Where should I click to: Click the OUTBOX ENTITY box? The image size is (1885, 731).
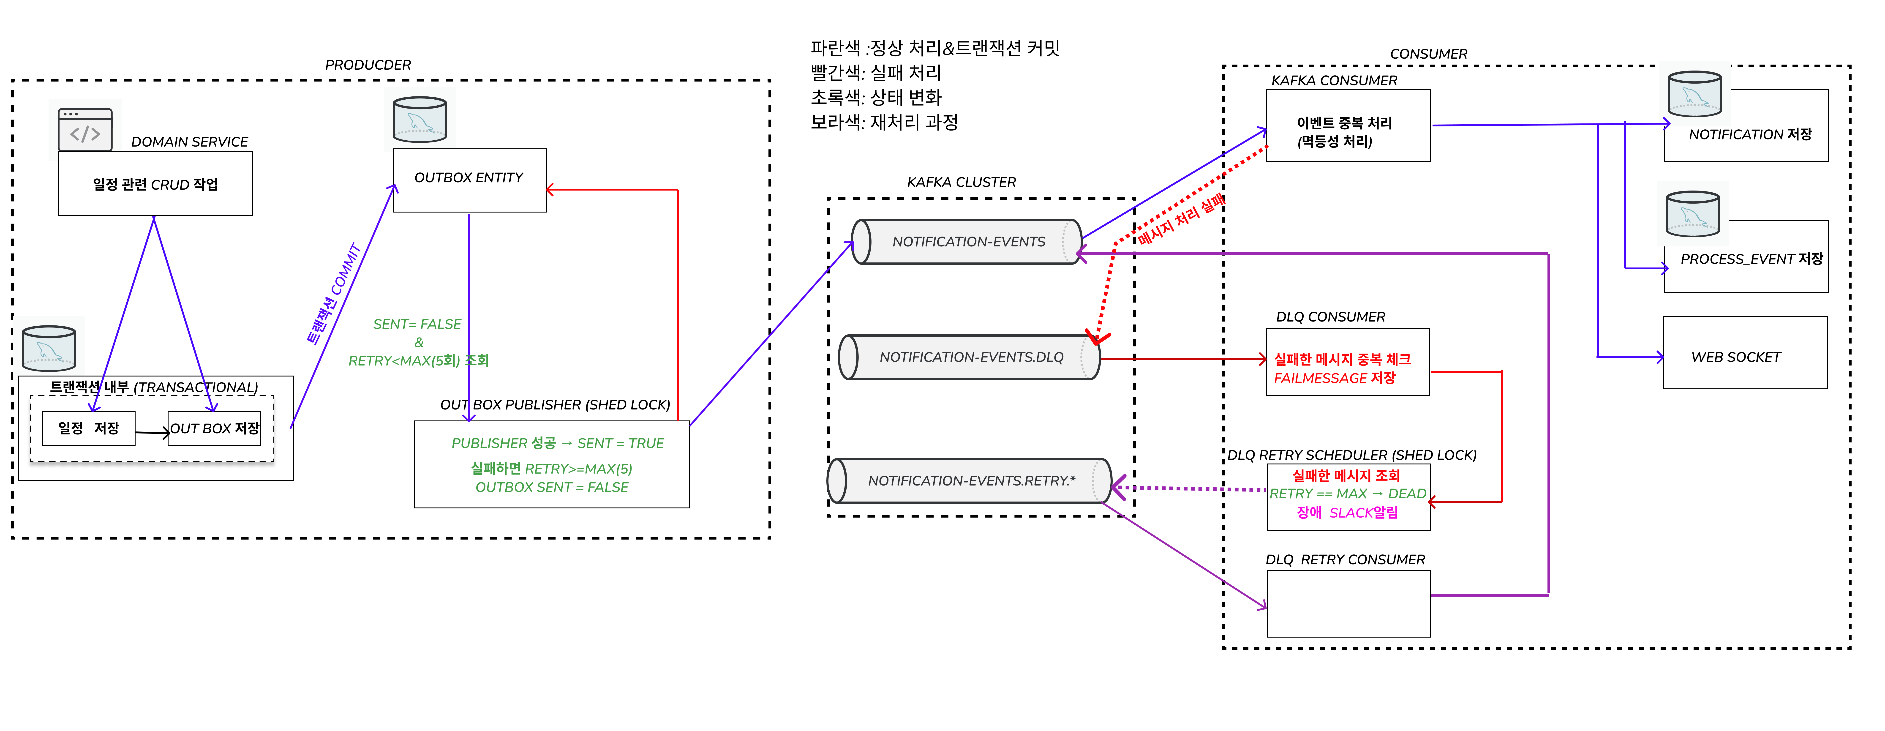click(469, 180)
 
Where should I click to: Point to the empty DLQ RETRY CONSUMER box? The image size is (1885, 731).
click(1348, 604)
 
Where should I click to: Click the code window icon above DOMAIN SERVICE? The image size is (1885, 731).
click(85, 130)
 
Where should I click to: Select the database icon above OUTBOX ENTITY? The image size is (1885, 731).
click(419, 119)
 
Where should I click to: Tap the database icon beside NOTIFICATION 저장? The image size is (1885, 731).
click(1694, 94)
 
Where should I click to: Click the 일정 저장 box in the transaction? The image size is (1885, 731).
click(89, 428)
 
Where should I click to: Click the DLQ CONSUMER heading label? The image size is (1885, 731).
click(1330, 317)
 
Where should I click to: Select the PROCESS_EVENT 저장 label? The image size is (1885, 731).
click(1751, 259)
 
